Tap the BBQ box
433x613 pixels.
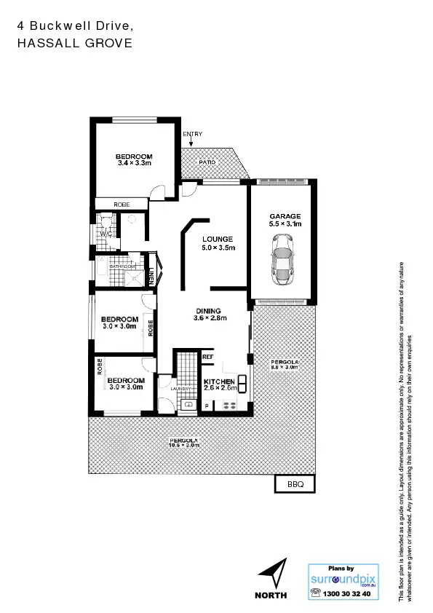coord(295,483)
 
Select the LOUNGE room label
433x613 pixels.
coord(217,240)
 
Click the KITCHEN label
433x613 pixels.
coord(219,381)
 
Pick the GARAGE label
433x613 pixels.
coord(285,216)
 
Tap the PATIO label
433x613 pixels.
coord(207,162)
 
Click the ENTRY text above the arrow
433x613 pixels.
coord(193,134)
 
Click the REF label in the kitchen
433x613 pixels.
coord(207,357)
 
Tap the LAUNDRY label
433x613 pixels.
coord(179,389)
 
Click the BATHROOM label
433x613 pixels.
coord(122,266)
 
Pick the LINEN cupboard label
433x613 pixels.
coord(151,277)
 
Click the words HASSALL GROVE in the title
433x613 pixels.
coord(74,43)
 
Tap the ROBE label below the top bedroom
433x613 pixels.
coord(122,205)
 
